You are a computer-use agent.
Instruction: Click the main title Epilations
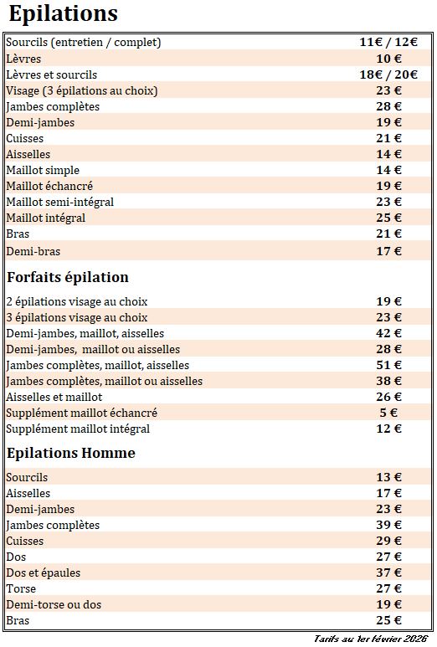63,14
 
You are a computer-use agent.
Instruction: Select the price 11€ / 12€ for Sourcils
388,42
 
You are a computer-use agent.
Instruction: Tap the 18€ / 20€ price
388,74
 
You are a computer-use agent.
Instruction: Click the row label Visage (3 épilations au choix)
82,90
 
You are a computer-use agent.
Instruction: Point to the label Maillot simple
43,170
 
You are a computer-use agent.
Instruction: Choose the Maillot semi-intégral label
59,202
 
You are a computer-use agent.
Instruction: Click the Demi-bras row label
33,251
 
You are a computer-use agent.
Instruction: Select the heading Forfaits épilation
68,277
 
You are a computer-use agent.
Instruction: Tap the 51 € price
388,365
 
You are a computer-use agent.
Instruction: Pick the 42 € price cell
388,333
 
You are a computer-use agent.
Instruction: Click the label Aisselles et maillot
54,397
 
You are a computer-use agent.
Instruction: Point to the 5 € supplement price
388,413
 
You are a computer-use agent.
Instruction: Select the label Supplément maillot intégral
78,429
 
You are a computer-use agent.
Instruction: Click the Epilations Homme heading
71,453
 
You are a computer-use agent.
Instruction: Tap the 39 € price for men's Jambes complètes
388,525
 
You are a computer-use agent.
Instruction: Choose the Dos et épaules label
44,573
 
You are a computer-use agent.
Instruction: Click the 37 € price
388,573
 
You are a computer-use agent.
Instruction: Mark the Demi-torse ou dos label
54,604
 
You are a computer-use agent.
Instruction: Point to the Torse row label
21,588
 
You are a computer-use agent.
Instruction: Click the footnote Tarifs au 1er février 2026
370,639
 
